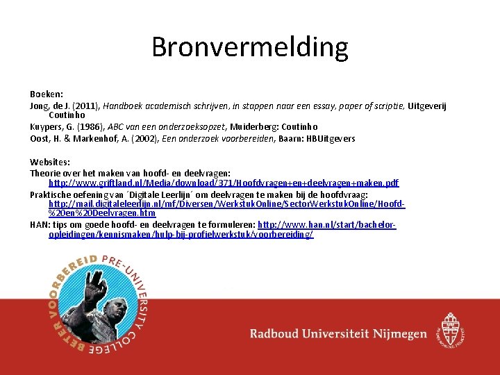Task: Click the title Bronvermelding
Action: click(249, 47)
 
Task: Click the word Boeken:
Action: click(46, 94)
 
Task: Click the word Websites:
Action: click(50, 162)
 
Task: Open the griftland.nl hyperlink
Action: click(224, 183)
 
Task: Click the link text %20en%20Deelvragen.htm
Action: click(102, 214)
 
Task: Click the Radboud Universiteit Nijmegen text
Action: click(338, 334)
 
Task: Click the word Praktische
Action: click(52, 194)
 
